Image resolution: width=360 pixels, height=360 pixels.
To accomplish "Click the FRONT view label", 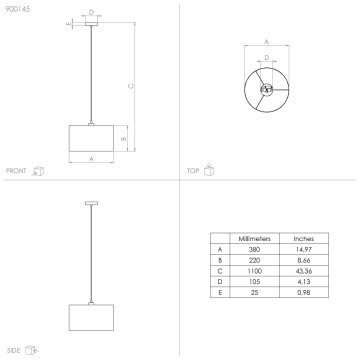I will point(16,171).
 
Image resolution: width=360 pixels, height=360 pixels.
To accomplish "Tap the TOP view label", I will point(193,171).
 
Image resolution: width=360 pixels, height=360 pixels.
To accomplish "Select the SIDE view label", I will point(14,350).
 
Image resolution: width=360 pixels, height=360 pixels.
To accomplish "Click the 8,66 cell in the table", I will point(304,261).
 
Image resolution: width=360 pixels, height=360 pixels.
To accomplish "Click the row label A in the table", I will point(219,250).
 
